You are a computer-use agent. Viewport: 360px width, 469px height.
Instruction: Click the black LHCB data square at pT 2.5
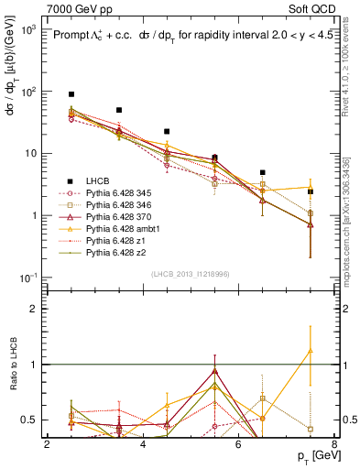click(x=71, y=94)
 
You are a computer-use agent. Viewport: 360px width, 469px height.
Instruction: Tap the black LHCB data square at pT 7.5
click(x=311, y=191)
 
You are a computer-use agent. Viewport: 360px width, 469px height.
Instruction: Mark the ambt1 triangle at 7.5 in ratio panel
click(x=311, y=350)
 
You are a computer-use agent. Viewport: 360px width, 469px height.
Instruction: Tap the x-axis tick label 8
click(x=334, y=444)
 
